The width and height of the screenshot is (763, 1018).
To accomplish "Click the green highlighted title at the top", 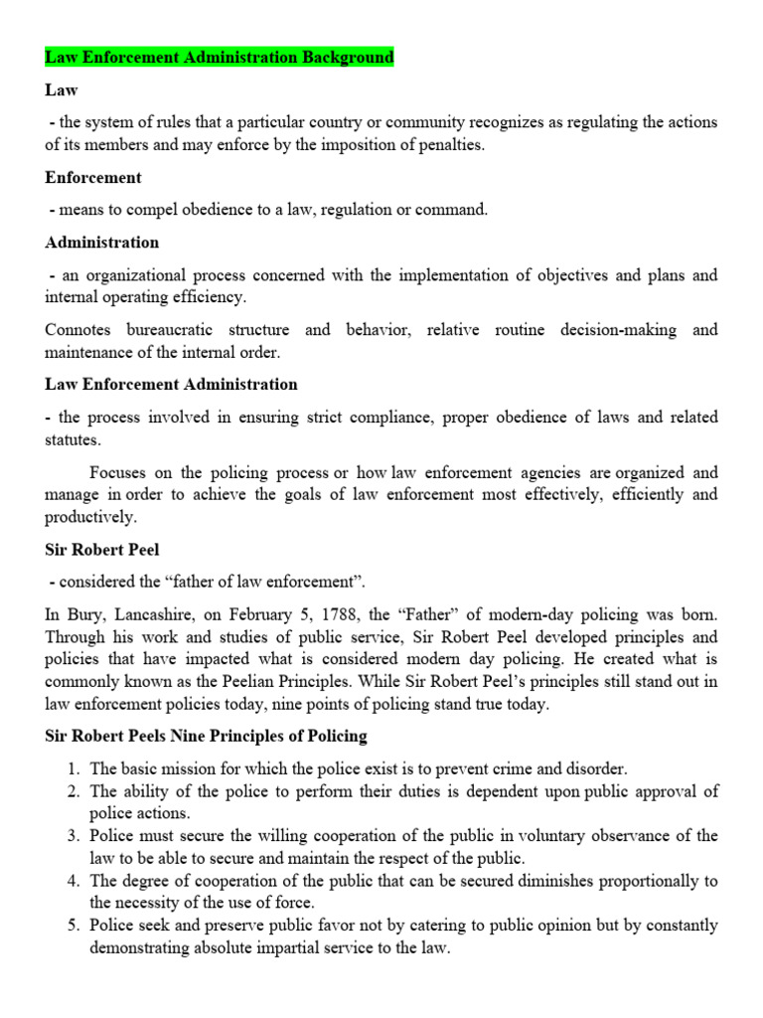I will (x=220, y=57).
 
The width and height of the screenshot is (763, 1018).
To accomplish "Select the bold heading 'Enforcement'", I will (x=93, y=178).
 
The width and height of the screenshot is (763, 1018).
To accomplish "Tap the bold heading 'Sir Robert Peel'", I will (x=102, y=548).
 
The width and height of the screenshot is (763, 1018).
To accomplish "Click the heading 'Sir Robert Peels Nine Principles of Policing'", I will (x=206, y=737).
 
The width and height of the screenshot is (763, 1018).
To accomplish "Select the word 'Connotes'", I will (x=78, y=330).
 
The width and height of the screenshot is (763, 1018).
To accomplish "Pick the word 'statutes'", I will (x=72, y=439).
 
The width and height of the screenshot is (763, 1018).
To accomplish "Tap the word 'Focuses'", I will (x=118, y=472).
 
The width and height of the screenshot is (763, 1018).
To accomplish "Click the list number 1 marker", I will (x=74, y=768).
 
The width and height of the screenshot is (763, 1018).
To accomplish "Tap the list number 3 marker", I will (x=74, y=836).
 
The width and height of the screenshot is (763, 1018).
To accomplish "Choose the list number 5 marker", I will (x=74, y=926).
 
